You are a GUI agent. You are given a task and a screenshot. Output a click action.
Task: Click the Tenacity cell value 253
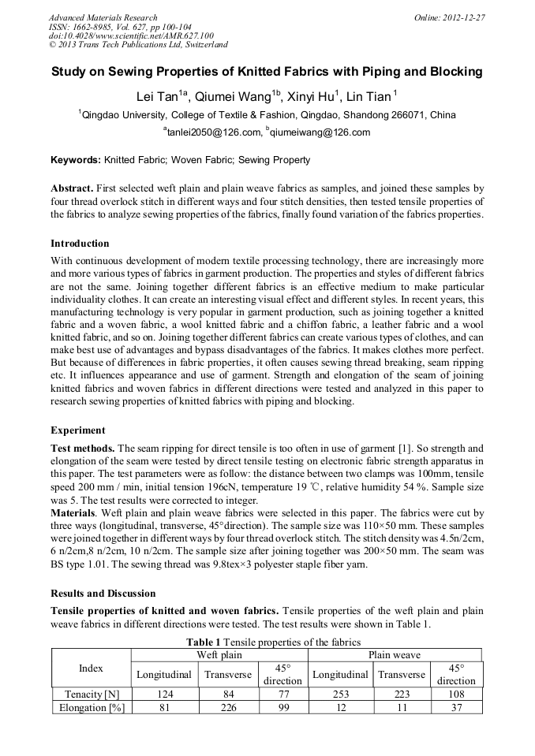click(340, 694)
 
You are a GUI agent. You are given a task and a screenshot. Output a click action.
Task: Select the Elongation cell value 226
click(227, 707)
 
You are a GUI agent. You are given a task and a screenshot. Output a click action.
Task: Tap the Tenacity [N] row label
click(91, 694)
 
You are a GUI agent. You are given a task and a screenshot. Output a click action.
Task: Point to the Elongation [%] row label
click(91, 707)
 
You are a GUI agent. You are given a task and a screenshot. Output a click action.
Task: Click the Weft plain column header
click(218, 654)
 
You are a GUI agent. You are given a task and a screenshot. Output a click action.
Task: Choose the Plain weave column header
click(394, 654)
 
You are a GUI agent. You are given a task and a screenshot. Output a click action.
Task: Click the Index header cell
click(91, 668)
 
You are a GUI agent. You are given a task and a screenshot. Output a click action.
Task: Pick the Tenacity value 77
click(282, 694)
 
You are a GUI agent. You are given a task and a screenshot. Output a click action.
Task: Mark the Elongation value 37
click(456, 707)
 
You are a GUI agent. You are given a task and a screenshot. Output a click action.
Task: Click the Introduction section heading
click(80, 243)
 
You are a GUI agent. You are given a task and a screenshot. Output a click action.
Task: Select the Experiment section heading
click(77, 430)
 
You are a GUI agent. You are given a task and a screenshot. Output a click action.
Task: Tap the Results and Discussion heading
click(103, 593)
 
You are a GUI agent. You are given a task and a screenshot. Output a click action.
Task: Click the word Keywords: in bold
click(76, 160)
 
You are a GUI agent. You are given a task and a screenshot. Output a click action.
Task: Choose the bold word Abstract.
click(73, 189)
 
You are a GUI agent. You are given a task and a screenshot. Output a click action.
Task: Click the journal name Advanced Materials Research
click(103, 17)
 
